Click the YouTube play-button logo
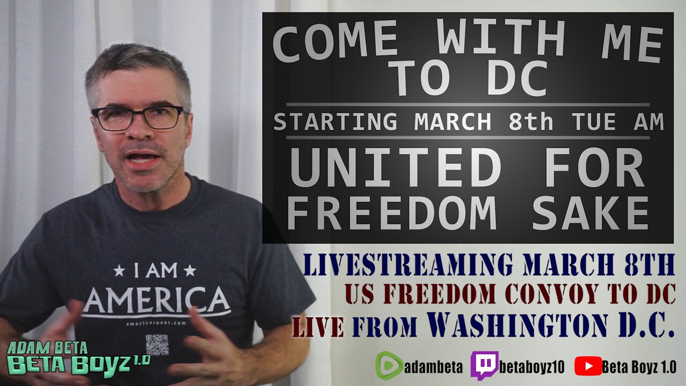[x=588, y=366]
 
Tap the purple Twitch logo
[x=484, y=365]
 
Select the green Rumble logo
[x=389, y=366]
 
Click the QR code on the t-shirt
[x=157, y=345]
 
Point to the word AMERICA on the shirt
[x=157, y=299]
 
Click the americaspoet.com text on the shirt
[x=156, y=323]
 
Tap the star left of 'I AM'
[x=119, y=271]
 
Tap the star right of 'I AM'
[x=190, y=271]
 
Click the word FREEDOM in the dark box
[x=392, y=213]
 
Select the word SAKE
[x=590, y=213]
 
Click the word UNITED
[x=396, y=168]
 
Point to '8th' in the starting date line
[x=531, y=122]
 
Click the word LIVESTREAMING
[x=408, y=264]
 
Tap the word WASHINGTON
[x=517, y=325]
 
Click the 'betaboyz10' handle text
[x=532, y=366]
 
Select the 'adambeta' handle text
[x=434, y=366]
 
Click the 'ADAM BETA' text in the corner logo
[x=47, y=348]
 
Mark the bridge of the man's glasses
[x=139, y=115]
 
